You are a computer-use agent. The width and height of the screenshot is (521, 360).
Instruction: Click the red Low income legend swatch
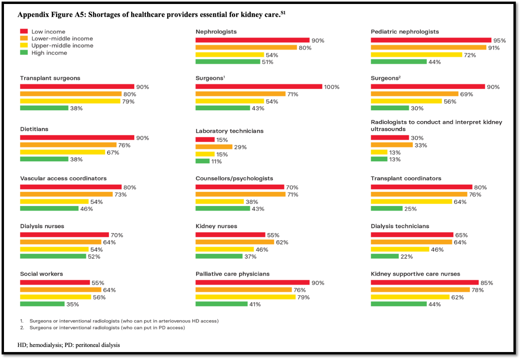point(24,31)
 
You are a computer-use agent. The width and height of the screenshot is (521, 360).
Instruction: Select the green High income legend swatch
point(24,53)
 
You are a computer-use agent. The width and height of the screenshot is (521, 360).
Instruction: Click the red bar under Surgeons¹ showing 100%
point(259,87)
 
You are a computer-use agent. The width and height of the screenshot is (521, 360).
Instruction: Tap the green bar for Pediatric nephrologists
point(399,62)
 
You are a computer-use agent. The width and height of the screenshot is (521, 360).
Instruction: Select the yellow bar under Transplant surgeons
point(70,101)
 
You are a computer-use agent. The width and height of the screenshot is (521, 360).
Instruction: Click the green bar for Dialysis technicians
point(385,256)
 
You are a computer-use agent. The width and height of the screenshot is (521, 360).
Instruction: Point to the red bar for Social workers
point(55,282)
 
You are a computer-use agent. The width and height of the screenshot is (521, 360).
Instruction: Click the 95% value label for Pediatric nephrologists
point(499,41)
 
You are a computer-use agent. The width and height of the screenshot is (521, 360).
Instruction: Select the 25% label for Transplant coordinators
point(411,209)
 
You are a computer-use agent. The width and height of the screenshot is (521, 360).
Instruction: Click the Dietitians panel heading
point(34,129)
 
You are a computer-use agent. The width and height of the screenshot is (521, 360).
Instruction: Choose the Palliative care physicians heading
point(233,274)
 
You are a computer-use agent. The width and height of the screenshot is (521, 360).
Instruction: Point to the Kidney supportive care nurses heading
point(415,274)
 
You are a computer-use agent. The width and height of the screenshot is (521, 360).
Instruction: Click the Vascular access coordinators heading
point(63,178)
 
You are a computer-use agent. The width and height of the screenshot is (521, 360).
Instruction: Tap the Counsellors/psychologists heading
point(234,178)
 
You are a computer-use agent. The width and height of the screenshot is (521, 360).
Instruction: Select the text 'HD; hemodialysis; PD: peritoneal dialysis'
point(69,345)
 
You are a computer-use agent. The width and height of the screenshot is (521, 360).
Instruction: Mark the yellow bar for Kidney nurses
point(219,249)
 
